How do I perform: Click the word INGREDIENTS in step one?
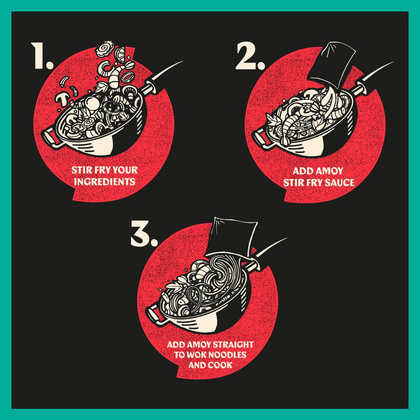coord(105,181)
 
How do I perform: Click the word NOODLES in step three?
coord(228,355)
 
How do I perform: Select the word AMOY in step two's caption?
coord(330,171)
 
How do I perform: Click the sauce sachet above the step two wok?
coord(332,64)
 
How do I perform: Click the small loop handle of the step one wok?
coord(51,138)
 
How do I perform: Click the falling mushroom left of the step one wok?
coord(63,99)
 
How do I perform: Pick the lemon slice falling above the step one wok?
coord(120,55)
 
